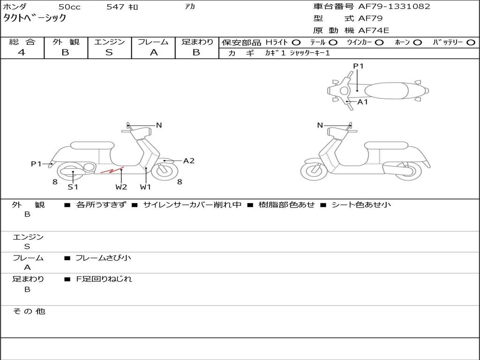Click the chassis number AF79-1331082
coord(387,7)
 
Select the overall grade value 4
coord(22,52)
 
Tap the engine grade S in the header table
coord(109,52)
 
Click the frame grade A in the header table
coord(153,52)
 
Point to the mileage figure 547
coord(115,7)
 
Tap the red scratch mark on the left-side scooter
coord(112,170)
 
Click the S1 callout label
coord(73,187)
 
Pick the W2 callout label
coord(121,187)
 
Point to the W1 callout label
coord(146,187)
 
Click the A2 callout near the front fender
coord(188,161)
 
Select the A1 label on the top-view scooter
coord(363,102)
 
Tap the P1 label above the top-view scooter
coord(359,66)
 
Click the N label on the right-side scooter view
coord(320,125)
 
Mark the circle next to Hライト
coord(296,42)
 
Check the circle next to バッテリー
coord(471,42)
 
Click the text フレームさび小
coord(103,257)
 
